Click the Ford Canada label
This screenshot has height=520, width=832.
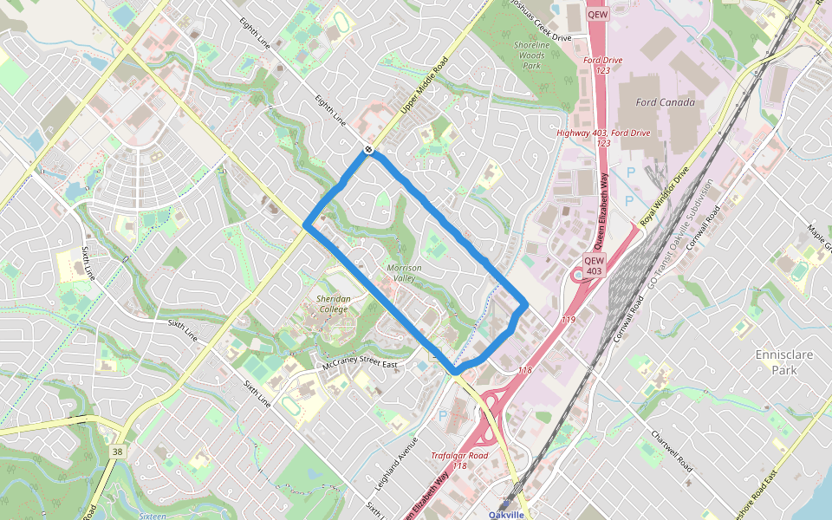click(666, 102)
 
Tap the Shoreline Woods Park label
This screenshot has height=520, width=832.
click(531, 55)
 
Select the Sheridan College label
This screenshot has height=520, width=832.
click(334, 304)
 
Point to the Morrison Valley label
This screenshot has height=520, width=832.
click(404, 273)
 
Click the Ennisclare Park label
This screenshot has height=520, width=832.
click(780, 362)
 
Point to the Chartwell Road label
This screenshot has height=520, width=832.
click(673, 448)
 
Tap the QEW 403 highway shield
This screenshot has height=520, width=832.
click(594, 265)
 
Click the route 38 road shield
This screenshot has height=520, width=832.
click(117, 452)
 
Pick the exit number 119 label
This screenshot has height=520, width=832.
click(568, 320)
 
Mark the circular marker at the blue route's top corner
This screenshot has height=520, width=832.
click(369, 150)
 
